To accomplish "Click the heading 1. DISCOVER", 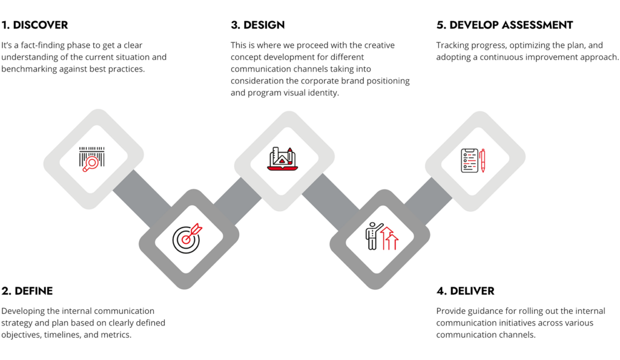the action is [35, 25].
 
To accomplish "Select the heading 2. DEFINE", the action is [27, 291].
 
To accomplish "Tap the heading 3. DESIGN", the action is [258, 25].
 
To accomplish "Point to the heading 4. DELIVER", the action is [466, 291].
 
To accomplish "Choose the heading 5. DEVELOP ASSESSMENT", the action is [504, 25].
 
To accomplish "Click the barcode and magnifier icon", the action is [92, 159].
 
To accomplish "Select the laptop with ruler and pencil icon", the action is [282, 159].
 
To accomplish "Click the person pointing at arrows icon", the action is [381, 236].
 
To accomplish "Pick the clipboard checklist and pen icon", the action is [473, 160].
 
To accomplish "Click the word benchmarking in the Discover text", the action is [29, 69].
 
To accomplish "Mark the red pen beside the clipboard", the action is [482, 160].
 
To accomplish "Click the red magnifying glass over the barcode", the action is [91, 164].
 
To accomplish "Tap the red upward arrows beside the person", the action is [389, 238].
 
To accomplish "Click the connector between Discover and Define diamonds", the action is [142, 199].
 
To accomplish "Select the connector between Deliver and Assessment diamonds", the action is [428, 201].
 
